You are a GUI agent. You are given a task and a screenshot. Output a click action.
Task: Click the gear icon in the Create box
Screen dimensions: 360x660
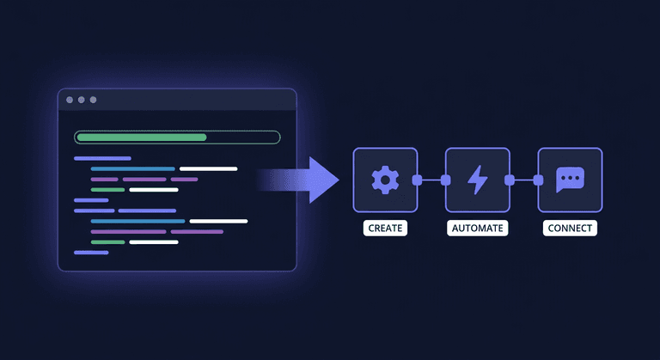385,180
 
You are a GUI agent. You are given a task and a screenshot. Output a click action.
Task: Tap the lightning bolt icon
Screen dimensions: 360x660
477,180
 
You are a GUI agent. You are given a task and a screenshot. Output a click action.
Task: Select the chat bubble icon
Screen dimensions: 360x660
569,180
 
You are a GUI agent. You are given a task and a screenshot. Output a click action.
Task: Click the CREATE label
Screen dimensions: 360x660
385,229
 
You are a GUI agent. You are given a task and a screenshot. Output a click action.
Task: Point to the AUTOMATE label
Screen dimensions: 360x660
477,229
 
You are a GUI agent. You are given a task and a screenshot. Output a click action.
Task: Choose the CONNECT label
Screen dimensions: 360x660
569,229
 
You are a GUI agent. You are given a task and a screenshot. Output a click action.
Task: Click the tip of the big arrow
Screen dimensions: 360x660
339,180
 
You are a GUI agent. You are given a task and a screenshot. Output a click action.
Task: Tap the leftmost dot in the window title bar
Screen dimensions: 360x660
70,100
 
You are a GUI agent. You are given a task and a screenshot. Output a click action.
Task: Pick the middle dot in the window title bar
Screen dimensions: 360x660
82,100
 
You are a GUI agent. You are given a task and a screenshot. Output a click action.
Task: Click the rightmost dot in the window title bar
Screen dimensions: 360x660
93,100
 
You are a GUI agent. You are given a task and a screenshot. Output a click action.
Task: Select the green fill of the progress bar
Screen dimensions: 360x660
141,137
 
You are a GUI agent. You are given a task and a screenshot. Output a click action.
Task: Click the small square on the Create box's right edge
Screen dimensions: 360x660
417,180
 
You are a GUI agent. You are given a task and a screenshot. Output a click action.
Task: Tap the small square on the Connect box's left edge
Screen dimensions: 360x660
538,180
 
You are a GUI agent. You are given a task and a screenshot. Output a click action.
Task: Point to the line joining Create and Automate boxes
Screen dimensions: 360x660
431,180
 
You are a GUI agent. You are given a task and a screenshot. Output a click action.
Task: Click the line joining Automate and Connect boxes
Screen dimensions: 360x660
523,180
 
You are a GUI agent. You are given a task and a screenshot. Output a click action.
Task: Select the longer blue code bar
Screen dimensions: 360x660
137,221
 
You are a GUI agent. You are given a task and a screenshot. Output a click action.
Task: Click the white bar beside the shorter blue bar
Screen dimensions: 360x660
208,168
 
